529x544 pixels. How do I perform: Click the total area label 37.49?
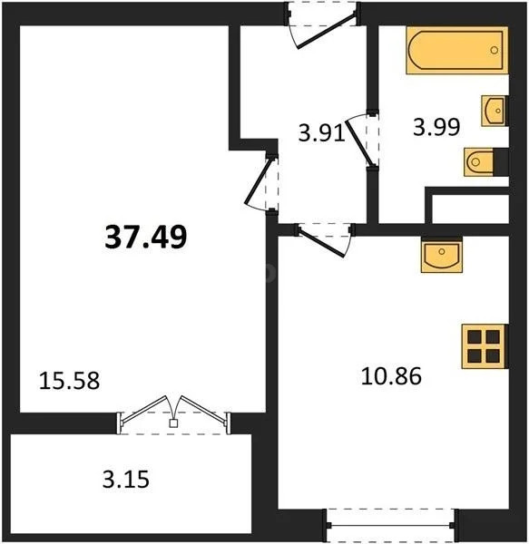click(x=147, y=238)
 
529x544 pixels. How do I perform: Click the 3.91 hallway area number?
click(x=320, y=134)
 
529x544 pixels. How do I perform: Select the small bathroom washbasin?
click(x=494, y=110)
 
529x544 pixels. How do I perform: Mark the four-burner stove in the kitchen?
click(x=482, y=345)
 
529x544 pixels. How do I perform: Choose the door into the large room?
click(x=262, y=185)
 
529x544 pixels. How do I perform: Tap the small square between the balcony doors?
click(x=173, y=423)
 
